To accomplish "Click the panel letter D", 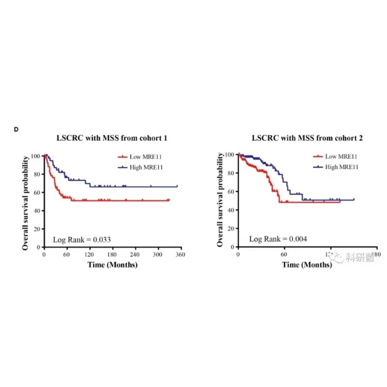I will [x=16, y=129].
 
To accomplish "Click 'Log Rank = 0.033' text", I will [x=82, y=239].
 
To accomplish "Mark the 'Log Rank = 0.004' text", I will [x=278, y=239].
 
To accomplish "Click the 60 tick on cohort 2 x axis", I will [x=284, y=254].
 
